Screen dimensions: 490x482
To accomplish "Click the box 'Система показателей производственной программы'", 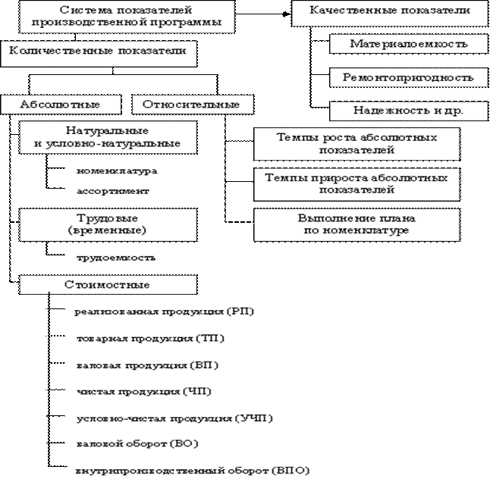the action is (127, 17).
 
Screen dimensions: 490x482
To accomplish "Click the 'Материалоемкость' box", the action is (408, 45).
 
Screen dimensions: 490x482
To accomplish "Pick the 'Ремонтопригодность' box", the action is (408, 77).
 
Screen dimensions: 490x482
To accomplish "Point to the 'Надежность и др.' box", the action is (408, 110).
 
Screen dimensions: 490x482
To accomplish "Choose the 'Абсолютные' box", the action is (60, 104).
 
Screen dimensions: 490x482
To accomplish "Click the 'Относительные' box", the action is (192, 104).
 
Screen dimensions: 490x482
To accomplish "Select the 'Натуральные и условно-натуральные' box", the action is (107, 137).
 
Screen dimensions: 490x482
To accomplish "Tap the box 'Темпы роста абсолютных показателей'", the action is (356, 144).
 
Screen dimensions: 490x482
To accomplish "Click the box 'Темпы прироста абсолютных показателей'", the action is (356, 183).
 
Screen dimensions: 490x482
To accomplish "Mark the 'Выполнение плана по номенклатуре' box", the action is (356, 224).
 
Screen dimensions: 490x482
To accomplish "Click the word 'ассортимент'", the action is (113, 191).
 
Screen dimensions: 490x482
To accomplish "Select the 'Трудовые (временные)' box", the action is (107, 223).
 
